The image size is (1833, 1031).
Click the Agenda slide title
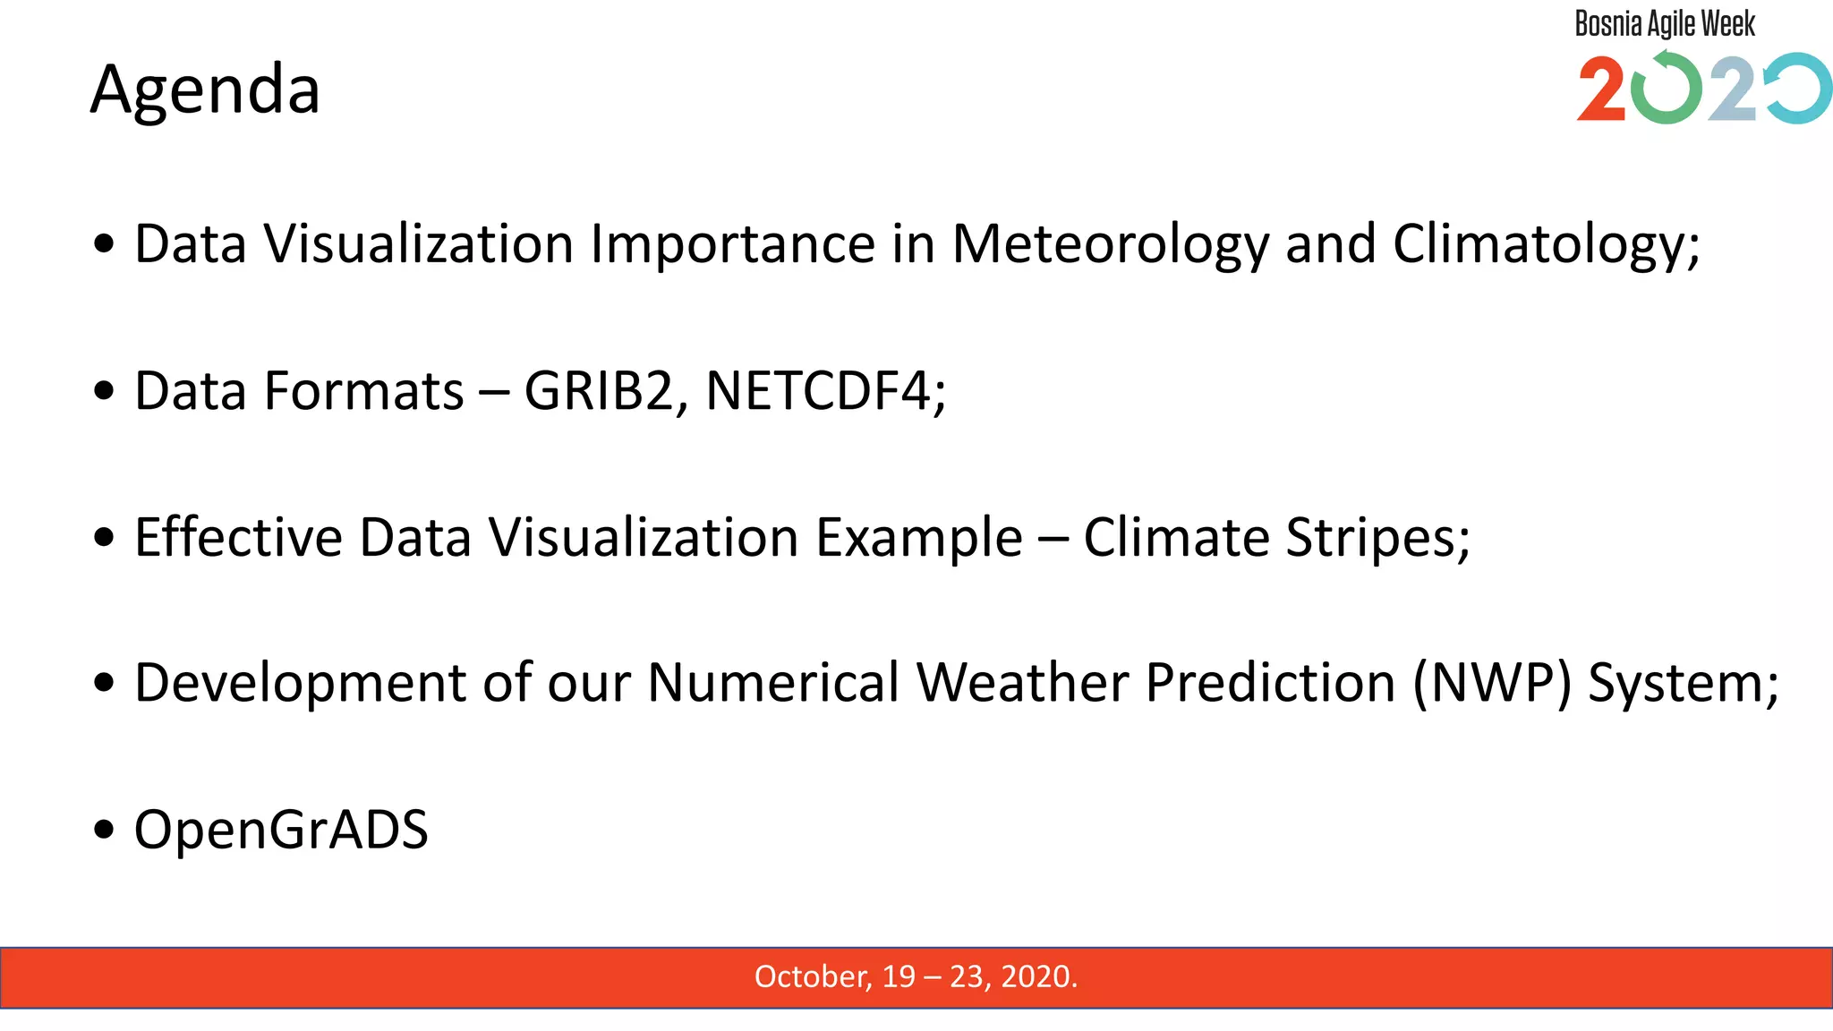(205, 89)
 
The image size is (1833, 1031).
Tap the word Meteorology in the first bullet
(1110, 244)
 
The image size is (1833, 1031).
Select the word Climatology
(1546, 244)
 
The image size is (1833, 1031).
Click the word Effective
(238, 537)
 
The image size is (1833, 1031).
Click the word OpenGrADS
(281, 830)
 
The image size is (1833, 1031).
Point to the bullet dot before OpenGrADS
(105, 831)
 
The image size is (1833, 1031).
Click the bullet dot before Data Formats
(105, 392)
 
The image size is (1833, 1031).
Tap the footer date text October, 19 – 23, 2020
(916, 976)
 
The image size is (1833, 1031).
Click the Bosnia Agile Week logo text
(1665, 24)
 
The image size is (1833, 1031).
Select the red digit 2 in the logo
(1601, 89)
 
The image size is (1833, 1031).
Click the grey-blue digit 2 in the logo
(1733, 89)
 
